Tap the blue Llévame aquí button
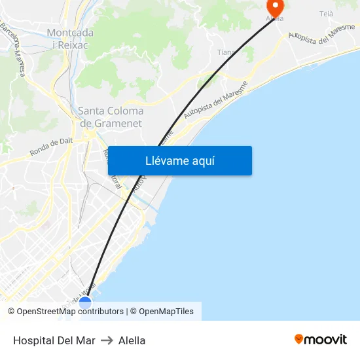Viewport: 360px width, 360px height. pyautogui.click(x=179, y=161)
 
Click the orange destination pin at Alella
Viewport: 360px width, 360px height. pyautogui.click(x=275, y=7)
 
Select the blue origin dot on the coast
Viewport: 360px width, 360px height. pyautogui.click(x=85, y=302)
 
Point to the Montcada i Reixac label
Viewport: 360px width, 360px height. pyautogui.click(x=70, y=39)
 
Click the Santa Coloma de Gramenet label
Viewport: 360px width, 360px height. pyautogui.click(x=111, y=117)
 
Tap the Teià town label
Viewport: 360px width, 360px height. pyautogui.click(x=326, y=14)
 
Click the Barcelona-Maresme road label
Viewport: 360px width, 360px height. pyautogui.click(x=12, y=50)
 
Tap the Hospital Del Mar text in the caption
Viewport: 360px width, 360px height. pyautogui.click(x=54, y=340)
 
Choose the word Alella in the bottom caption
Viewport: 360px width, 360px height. pyautogui.click(x=132, y=340)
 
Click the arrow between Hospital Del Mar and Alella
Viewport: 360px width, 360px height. pyautogui.click(x=107, y=340)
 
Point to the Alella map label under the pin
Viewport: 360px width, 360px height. pyautogui.click(x=275, y=18)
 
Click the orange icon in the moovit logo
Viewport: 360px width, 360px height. pyautogui.click(x=299, y=339)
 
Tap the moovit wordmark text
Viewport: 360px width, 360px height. pyautogui.click(x=327, y=339)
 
